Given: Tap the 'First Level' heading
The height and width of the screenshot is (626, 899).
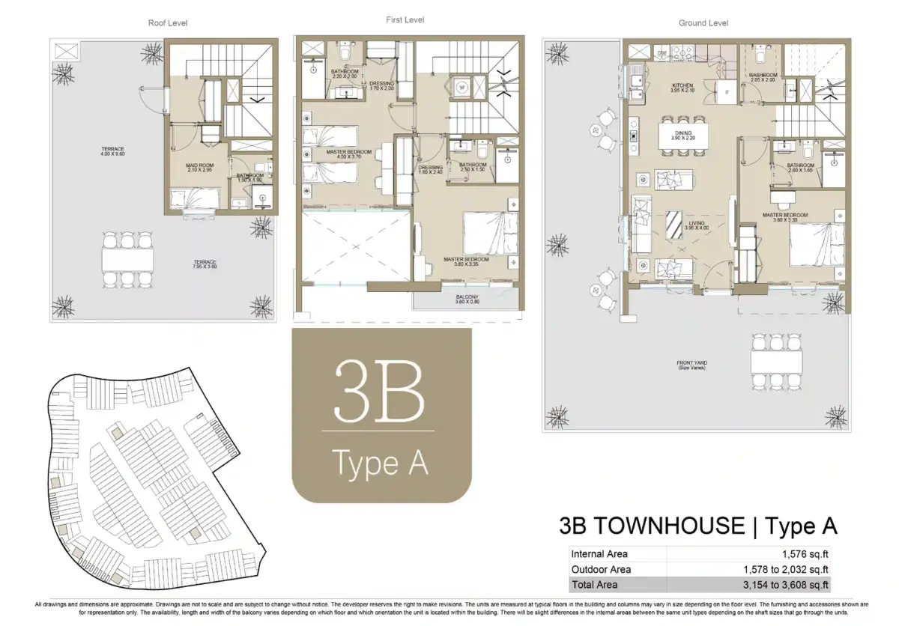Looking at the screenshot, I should pos(405,19).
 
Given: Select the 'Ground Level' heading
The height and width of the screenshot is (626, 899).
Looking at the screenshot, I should pos(703,23).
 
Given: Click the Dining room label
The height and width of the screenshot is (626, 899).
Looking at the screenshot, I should pos(682,134).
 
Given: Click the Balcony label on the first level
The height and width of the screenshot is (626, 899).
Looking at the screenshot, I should pos(467,300).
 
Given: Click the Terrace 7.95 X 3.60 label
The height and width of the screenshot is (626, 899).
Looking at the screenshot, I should pos(203,264).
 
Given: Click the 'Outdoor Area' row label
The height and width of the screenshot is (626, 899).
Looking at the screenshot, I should pos(601,569).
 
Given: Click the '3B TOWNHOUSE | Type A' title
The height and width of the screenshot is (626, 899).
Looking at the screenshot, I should pos(698,526).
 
